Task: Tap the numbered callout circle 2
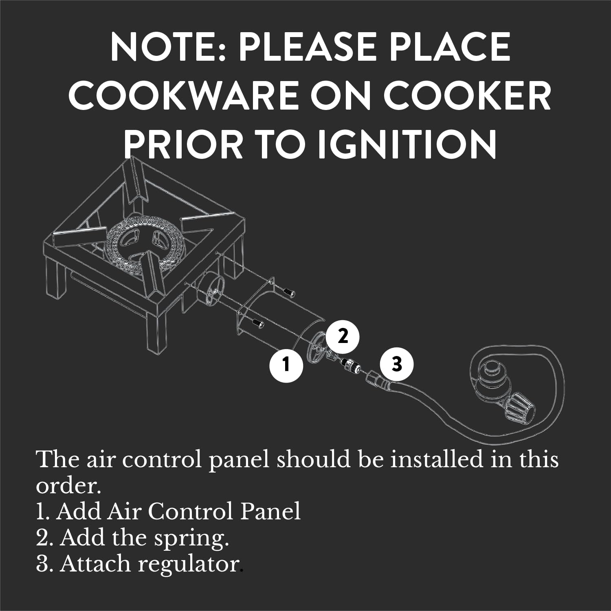click(343, 336)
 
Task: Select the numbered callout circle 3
click(397, 364)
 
